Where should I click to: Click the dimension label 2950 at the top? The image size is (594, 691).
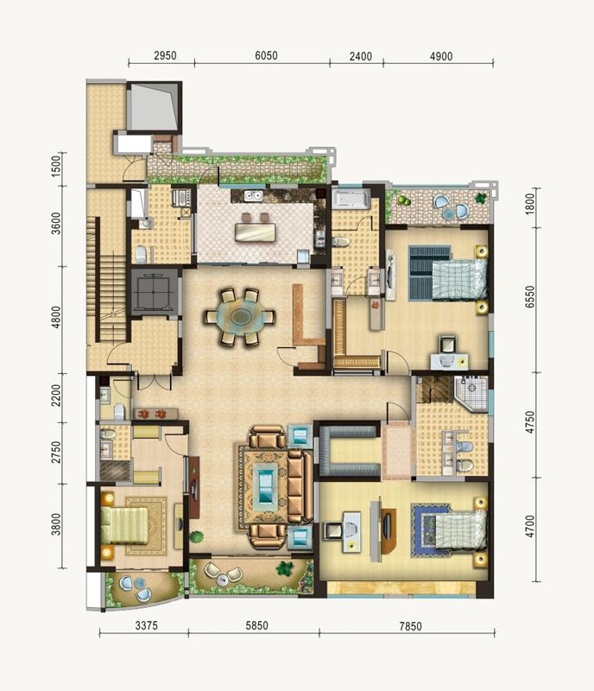point(165,55)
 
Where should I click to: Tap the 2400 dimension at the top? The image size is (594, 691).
point(360,55)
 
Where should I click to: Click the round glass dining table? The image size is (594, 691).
point(241,317)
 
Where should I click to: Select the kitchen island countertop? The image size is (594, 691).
point(255,231)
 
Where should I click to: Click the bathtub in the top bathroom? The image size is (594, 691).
point(352,200)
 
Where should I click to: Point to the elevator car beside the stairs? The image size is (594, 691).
point(155,292)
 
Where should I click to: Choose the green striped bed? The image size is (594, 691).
point(123,524)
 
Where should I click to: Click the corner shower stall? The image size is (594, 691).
point(472,392)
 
